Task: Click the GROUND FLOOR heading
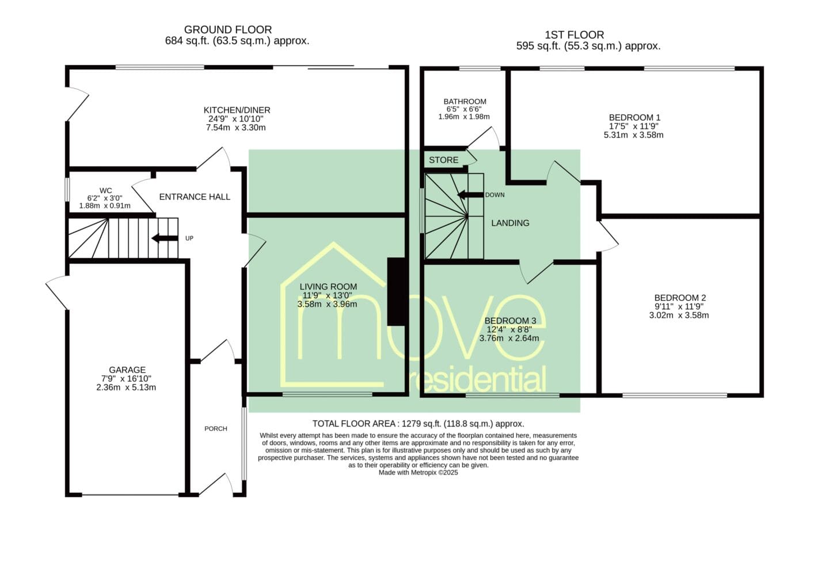click(228, 29)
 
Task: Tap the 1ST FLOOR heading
click(575, 35)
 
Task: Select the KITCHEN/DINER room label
click(237, 110)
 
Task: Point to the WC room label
click(106, 191)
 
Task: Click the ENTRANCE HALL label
click(195, 197)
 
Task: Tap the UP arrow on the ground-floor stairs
click(165, 238)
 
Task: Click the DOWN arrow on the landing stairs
click(470, 195)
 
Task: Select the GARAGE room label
click(127, 370)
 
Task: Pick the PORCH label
click(216, 429)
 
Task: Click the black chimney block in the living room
click(396, 292)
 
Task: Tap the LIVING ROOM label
click(328, 287)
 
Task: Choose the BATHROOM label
click(465, 101)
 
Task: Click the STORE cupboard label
click(443, 160)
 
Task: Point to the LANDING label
click(510, 223)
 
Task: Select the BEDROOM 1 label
click(634, 117)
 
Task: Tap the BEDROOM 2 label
click(680, 298)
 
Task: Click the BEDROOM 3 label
click(510, 321)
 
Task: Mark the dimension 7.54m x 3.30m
click(236, 128)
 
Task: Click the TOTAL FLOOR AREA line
click(418, 424)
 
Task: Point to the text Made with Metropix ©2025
click(418, 472)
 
